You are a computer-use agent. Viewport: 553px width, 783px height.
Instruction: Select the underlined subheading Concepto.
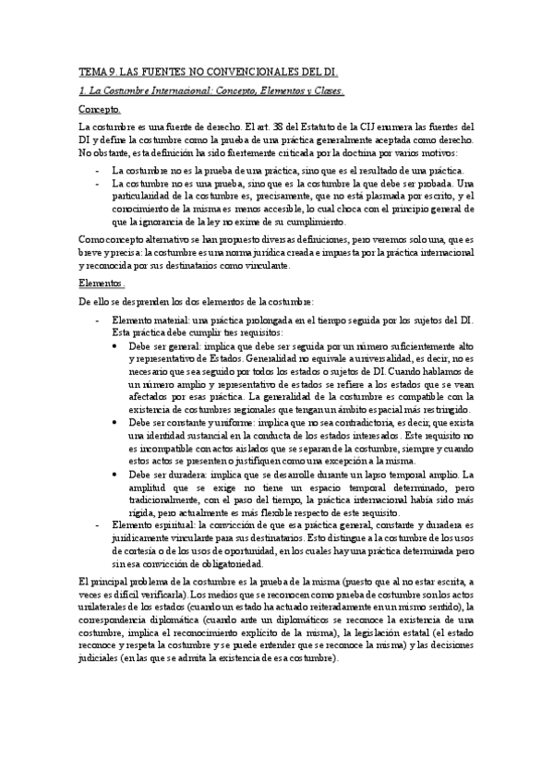(x=101, y=109)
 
